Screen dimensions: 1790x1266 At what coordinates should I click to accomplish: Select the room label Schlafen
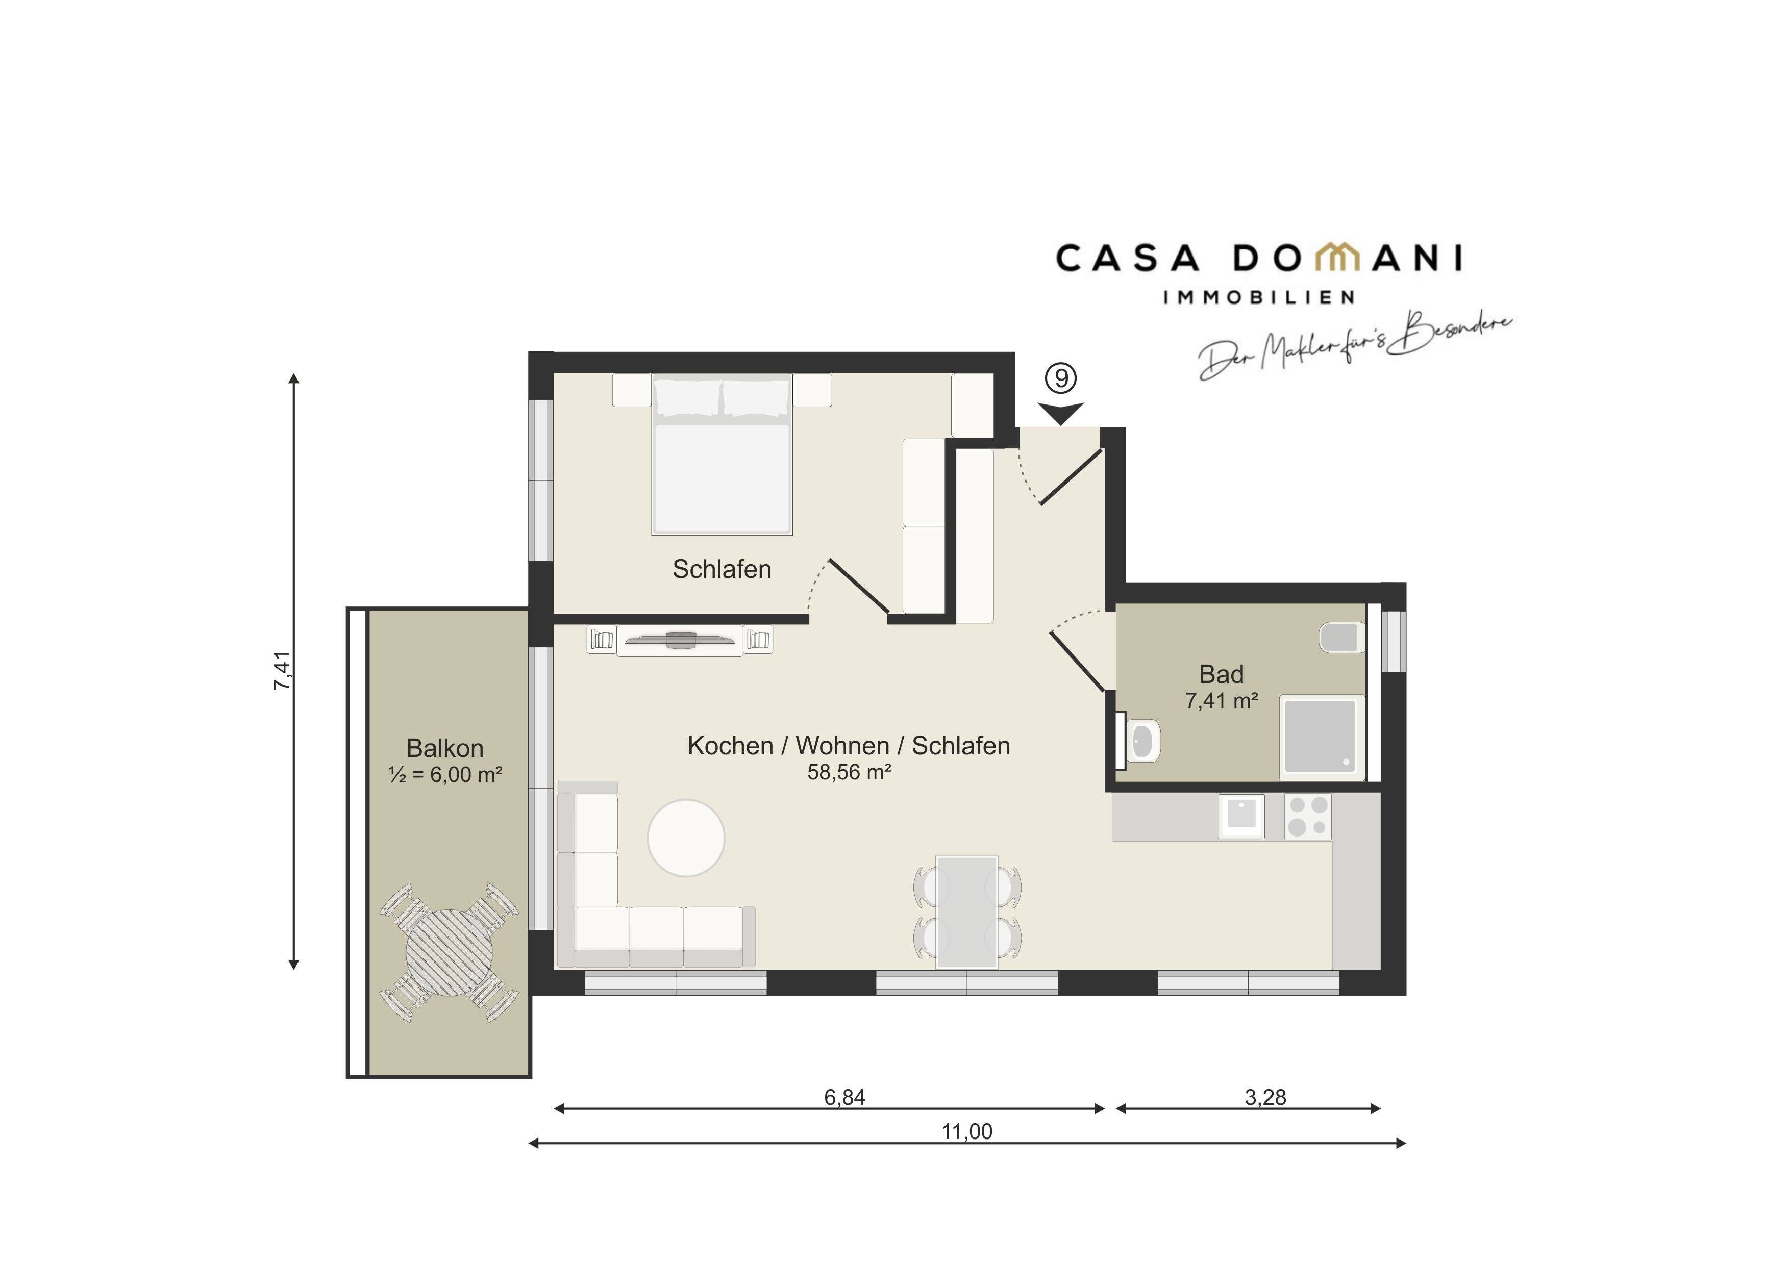[x=722, y=569]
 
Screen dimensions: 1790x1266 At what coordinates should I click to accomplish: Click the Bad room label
[x=1221, y=673]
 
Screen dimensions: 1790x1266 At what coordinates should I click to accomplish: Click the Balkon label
[x=445, y=748]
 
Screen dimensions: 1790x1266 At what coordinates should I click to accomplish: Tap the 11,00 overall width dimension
[x=967, y=1131]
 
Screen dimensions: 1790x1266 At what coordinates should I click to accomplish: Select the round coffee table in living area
[x=686, y=838]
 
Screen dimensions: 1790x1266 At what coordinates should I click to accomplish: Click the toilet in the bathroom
[x=1341, y=638]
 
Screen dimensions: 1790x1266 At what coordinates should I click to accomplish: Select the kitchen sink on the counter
[x=1241, y=816]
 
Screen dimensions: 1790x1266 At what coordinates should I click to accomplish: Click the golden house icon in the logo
[x=1336, y=257]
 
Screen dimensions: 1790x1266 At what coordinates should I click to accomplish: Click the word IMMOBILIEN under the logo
[x=1258, y=297]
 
